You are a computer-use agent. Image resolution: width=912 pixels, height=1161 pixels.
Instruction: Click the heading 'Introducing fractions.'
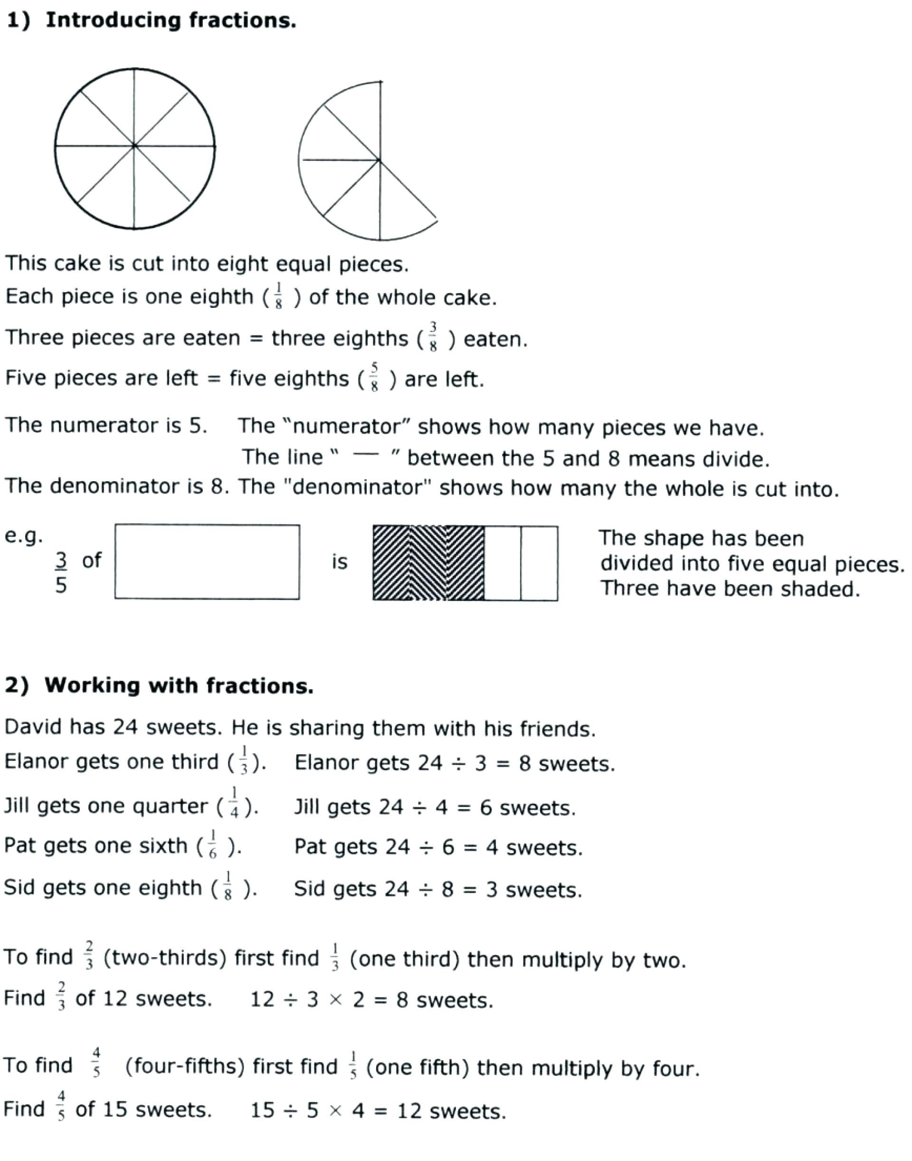171,20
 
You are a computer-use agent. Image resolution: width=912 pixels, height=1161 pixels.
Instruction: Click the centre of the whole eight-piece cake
134,145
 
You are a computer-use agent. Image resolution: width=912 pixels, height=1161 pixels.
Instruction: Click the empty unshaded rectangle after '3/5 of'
207,562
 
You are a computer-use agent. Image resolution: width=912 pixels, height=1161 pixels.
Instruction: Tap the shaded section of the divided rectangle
428,563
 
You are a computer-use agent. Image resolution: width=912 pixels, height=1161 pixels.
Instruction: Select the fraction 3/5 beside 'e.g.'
61,573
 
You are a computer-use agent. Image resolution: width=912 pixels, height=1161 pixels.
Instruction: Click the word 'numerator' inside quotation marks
347,426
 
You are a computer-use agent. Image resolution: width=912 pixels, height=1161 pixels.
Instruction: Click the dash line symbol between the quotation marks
365,455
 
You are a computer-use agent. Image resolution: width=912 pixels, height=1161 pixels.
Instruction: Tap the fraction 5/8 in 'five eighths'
374,378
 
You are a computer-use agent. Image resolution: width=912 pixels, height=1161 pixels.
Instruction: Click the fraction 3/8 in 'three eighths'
433,337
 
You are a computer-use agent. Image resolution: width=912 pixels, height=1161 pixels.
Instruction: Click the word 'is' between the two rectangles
339,562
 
